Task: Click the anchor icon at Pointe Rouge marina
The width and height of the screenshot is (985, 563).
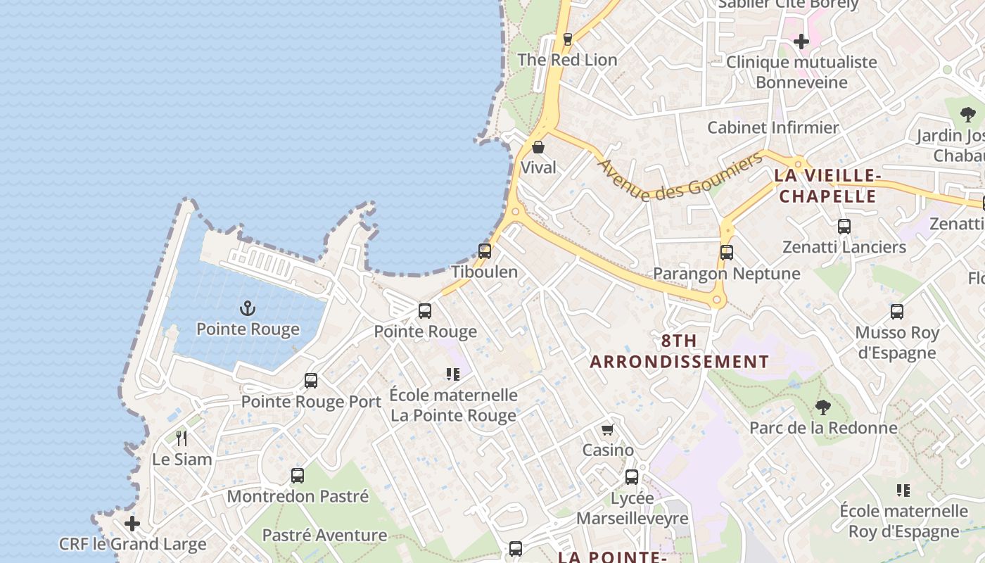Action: (248, 308)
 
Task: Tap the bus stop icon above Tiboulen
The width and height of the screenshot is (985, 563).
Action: (485, 251)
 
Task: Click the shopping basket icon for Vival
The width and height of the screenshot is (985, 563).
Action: (538, 147)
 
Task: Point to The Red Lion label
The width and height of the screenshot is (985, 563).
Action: (567, 60)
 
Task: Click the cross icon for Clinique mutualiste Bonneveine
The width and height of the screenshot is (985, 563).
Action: (801, 42)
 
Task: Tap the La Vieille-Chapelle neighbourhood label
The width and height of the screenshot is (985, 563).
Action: (827, 186)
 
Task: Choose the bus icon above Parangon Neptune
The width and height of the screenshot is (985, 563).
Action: (727, 252)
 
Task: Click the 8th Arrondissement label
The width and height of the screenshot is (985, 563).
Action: (679, 351)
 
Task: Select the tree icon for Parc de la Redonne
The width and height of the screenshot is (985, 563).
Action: (822, 407)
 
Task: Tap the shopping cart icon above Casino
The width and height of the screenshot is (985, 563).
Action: (608, 429)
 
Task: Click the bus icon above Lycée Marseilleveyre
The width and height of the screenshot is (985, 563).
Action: (632, 477)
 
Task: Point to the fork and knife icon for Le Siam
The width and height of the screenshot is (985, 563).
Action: (182, 438)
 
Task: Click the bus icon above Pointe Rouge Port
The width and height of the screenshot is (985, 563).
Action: (311, 381)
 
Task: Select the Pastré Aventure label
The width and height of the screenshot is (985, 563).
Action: (324, 535)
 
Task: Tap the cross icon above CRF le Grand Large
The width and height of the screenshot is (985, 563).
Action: (132, 524)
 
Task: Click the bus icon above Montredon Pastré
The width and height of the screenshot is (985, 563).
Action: (298, 476)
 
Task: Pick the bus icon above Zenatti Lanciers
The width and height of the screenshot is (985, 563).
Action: (844, 227)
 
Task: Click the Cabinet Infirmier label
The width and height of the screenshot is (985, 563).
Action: (773, 127)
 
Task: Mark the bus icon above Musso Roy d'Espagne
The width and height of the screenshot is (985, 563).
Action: (897, 312)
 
